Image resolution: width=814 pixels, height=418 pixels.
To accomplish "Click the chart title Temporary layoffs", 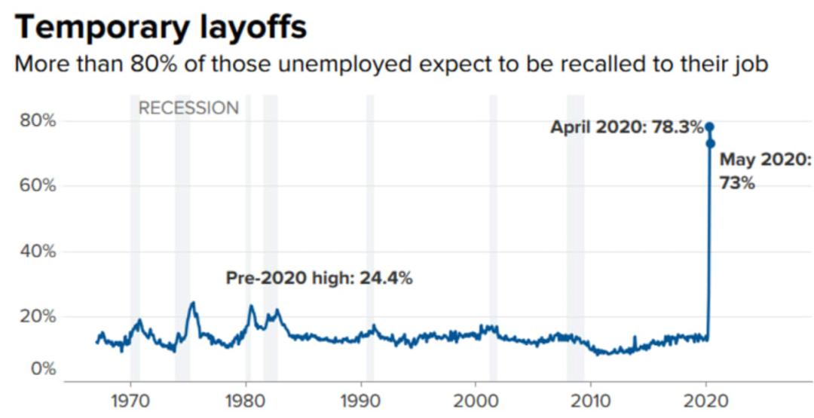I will click(x=161, y=27).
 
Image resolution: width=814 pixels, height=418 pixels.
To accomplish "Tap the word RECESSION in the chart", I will click(x=188, y=108).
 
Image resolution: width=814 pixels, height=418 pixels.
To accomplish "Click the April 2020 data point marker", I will click(x=709, y=127).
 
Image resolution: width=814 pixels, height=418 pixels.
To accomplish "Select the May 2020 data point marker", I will click(x=710, y=143).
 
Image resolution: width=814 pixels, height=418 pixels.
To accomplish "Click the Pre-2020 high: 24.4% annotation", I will click(x=319, y=278).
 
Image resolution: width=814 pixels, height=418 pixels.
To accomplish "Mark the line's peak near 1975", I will click(x=193, y=304).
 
